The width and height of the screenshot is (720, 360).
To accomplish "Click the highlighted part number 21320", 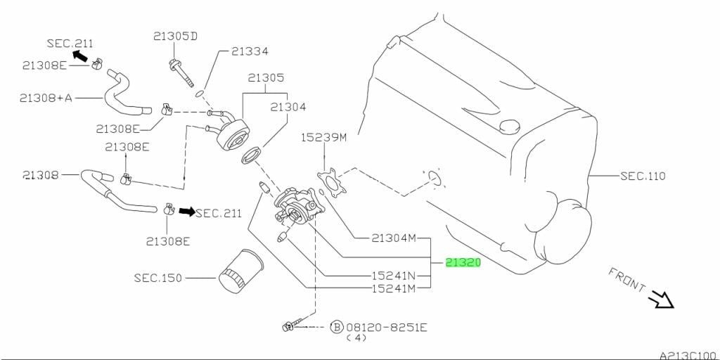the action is [463, 263].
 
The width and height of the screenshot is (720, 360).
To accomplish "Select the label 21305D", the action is [175, 37].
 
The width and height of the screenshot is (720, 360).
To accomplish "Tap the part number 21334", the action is [250, 51].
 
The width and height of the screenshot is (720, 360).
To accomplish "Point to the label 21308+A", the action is [46, 98].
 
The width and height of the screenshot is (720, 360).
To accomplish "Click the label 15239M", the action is [323, 137].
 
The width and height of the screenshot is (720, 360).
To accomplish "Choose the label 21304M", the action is [394, 238].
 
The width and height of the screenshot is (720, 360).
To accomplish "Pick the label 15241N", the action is [393, 276].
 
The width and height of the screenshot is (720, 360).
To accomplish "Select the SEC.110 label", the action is [643, 175].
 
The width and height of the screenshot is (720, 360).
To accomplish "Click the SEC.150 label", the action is [158, 278].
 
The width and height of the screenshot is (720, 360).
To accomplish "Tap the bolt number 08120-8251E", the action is [387, 328].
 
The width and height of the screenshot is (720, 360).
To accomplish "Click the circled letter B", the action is [337, 328].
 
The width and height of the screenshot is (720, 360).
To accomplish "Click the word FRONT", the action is [626, 279].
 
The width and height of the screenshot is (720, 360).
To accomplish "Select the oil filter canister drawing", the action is [240, 271].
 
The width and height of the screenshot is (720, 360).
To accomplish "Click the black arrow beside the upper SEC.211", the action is [81, 56].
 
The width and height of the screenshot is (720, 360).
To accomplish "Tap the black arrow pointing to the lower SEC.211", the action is [187, 211].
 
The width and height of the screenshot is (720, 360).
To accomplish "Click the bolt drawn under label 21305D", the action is [181, 72].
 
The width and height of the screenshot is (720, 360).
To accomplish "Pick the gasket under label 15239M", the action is [332, 184].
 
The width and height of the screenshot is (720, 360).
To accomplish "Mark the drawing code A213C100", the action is [690, 355].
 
